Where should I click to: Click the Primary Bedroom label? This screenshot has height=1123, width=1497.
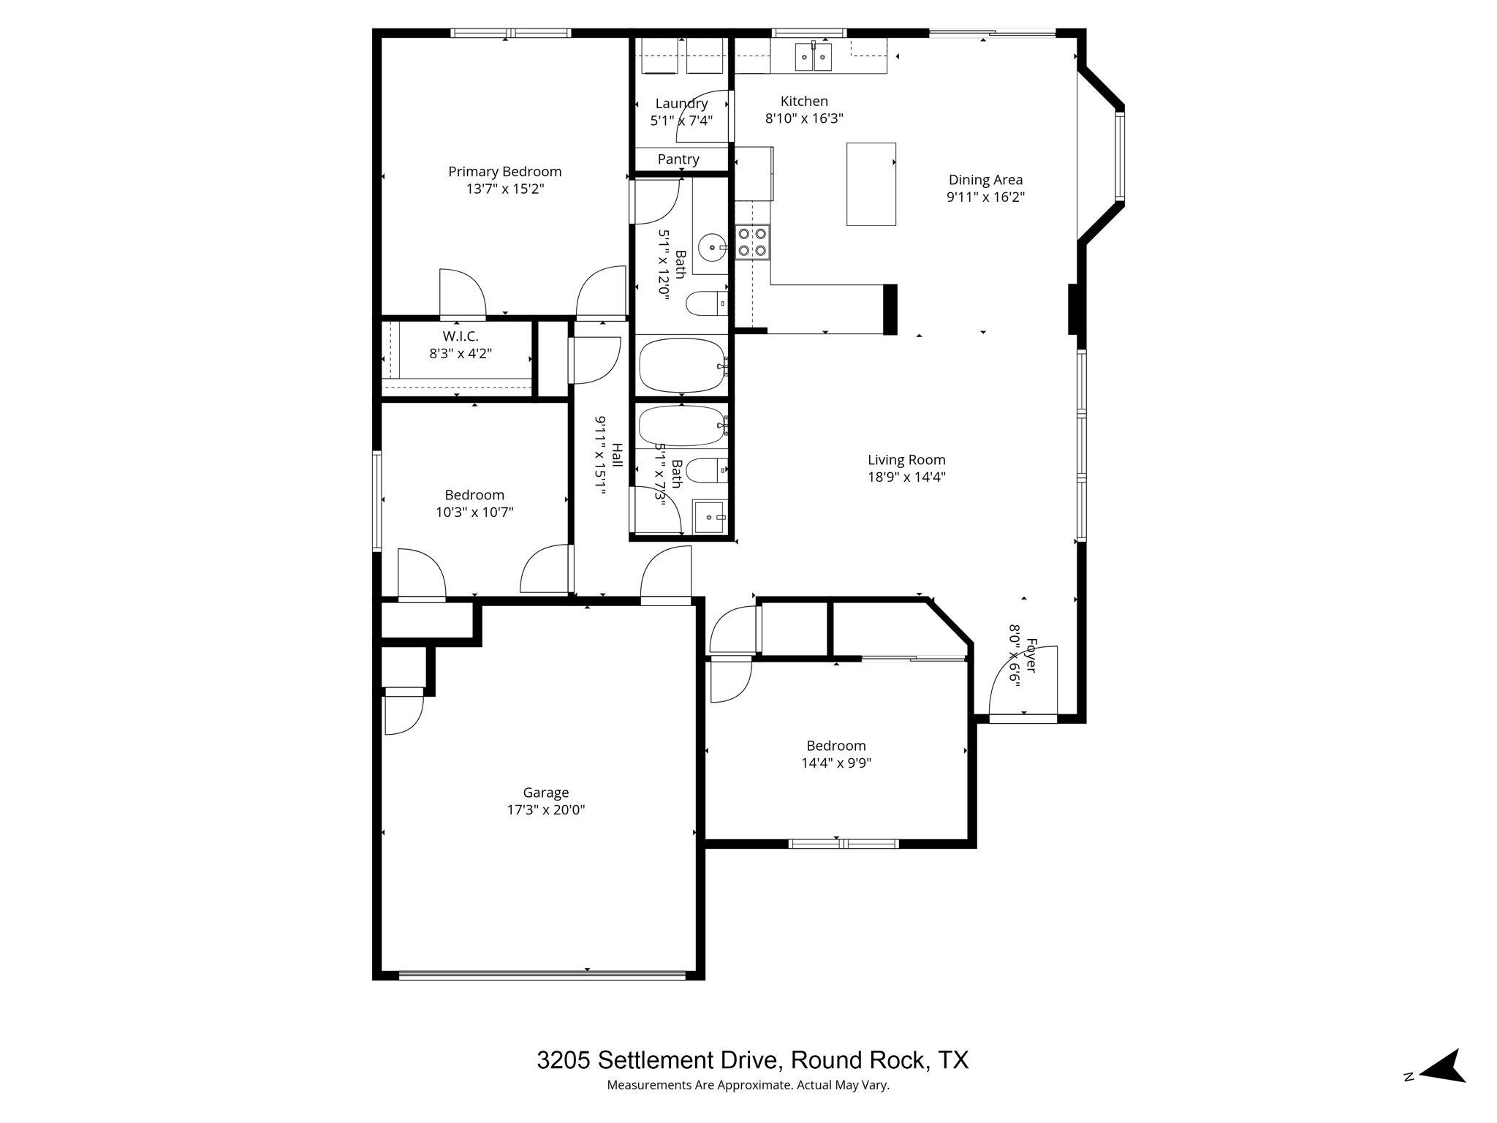(x=504, y=172)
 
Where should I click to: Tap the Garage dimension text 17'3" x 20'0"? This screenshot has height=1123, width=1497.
(x=546, y=810)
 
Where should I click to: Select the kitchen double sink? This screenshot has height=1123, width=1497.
(x=814, y=56)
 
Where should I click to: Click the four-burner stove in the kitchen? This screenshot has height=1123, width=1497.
(x=752, y=242)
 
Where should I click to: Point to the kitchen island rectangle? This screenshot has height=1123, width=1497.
(x=871, y=184)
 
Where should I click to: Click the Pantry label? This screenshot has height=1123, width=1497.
(x=678, y=159)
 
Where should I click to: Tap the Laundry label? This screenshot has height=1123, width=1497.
(x=681, y=104)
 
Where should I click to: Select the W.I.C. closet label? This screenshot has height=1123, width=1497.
(x=461, y=336)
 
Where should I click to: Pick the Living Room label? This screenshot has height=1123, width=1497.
(x=906, y=460)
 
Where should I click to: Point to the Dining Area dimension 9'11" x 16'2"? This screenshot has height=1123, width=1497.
(x=985, y=197)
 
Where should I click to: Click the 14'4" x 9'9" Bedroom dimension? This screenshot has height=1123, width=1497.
(x=836, y=763)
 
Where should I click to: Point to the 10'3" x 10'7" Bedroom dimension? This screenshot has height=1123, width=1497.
(x=474, y=513)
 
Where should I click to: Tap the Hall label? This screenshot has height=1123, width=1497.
(x=617, y=455)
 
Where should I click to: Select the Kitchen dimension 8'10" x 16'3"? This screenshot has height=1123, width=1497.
(x=804, y=118)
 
